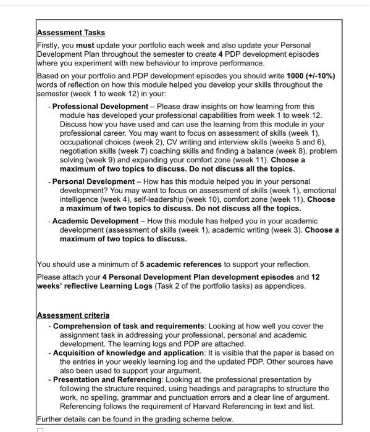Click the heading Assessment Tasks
point(71,33)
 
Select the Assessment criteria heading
point(74,315)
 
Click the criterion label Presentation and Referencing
point(107,380)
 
